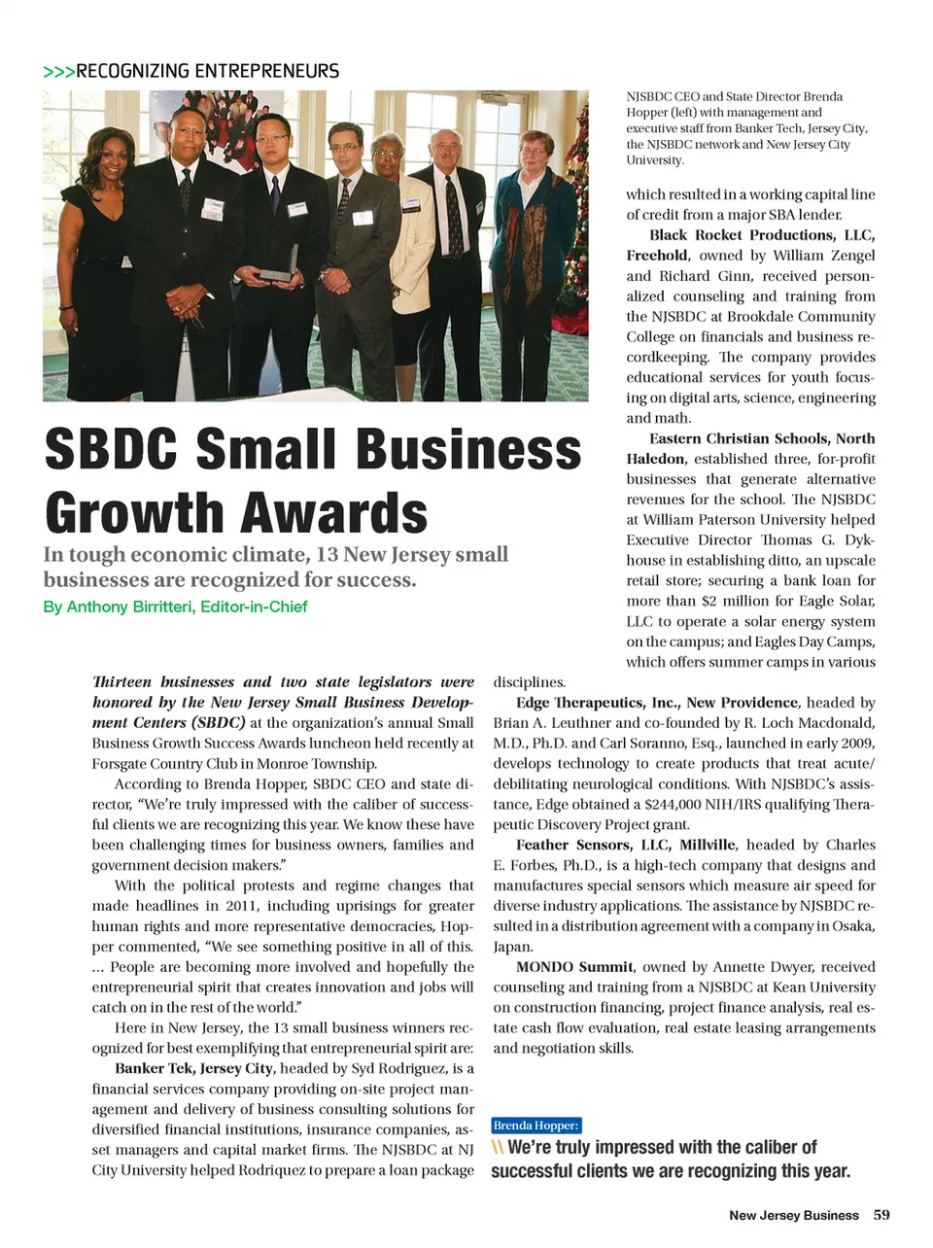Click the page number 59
(881, 1214)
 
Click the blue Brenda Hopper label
(536, 1126)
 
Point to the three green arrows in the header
(58, 72)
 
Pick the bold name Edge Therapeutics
(583, 702)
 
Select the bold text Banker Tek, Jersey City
(193, 1068)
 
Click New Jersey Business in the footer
(793, 1215)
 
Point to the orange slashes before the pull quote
(498, 1148)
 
